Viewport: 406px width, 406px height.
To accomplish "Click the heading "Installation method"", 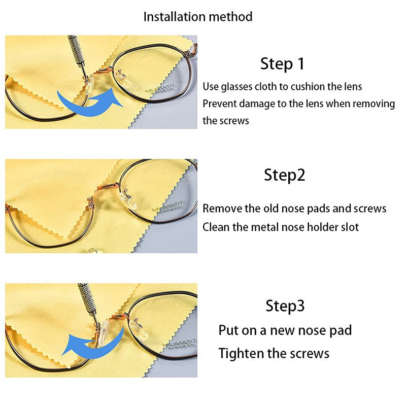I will (197, 16).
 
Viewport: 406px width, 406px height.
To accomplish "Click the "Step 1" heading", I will (282, 64).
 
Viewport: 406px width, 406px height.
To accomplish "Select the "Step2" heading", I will (284, 175).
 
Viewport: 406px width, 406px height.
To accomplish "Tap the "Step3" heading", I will (285, 306).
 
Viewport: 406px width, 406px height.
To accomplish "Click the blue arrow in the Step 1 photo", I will (89, 99).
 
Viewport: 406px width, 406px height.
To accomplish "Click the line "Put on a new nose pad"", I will (285, 330).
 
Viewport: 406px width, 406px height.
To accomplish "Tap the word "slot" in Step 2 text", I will (349, 227).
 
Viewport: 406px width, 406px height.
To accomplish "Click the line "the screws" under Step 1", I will (226, 121).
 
